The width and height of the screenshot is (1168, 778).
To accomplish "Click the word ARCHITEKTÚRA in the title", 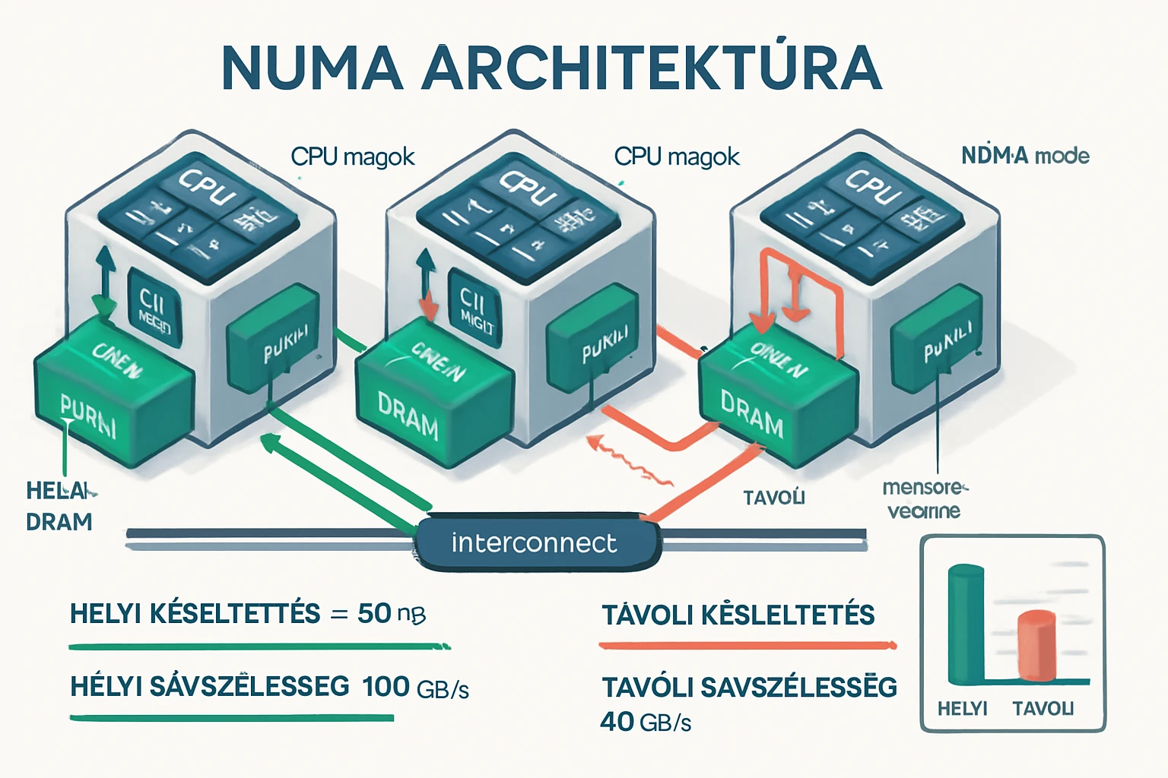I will pyautogui.click(x=652, y=68).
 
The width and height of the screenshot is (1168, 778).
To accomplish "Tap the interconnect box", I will pyautogui.click(x=535, y=542).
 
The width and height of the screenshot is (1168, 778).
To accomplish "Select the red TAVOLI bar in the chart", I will pyautogui.click(x=1036, y=646).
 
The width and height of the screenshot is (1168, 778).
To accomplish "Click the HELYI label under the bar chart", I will pyautogui.click(x=962, y=709).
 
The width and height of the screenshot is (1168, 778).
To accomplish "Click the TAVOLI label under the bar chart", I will pyautogui.click(x=1043, y=709).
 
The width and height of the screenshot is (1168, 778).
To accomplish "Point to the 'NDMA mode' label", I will pyautogui.click(x=1025, y=156).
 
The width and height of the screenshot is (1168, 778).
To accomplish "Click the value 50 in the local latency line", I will pyautogui.click(x=374, y=613).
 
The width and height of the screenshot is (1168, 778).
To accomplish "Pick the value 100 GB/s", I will pyautogui.click(x=415, y=687).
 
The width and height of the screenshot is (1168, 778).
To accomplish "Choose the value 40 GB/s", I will pyautogui.click(x=646, y=722).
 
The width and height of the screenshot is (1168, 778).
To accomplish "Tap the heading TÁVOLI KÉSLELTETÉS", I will pyautogui.click(x=738, y=615).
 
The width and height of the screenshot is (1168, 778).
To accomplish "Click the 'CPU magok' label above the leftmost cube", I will pyautogui.click(x=353, y=157).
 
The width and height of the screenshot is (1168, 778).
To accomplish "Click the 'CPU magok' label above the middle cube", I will pyautogui.click(x=676, y=157).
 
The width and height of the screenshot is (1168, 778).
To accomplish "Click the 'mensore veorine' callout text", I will pyautogui.click(x=924, y=498).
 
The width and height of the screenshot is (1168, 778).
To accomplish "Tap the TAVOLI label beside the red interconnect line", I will pyautogui.click(x=773, y=498).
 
